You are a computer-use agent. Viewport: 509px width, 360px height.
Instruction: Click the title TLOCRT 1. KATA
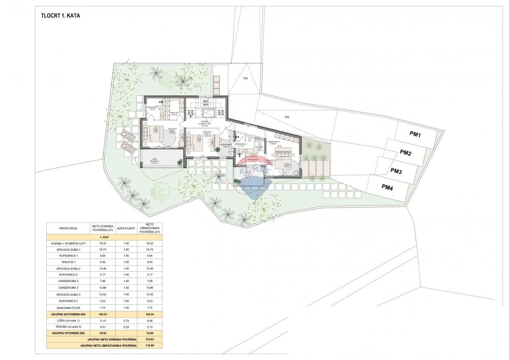click(x=58, y=16)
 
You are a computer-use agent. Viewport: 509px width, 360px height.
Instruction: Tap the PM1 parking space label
click(x=415, y=135)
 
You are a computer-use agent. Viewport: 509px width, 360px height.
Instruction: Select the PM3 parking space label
click(x=396, y=171)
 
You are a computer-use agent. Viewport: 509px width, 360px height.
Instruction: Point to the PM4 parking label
click(x=387, y=186)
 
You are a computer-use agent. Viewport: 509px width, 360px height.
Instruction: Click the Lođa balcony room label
click(x=148, y=160)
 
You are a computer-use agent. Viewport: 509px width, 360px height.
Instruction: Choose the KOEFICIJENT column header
click(x=126, y=228)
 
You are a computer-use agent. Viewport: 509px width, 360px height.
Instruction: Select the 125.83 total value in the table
click(x=149, y=340)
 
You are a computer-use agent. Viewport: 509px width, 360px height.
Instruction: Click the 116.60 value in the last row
click(x=149, y=346)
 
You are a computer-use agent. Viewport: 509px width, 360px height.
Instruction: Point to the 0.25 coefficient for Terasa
click(x=126, y=326)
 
